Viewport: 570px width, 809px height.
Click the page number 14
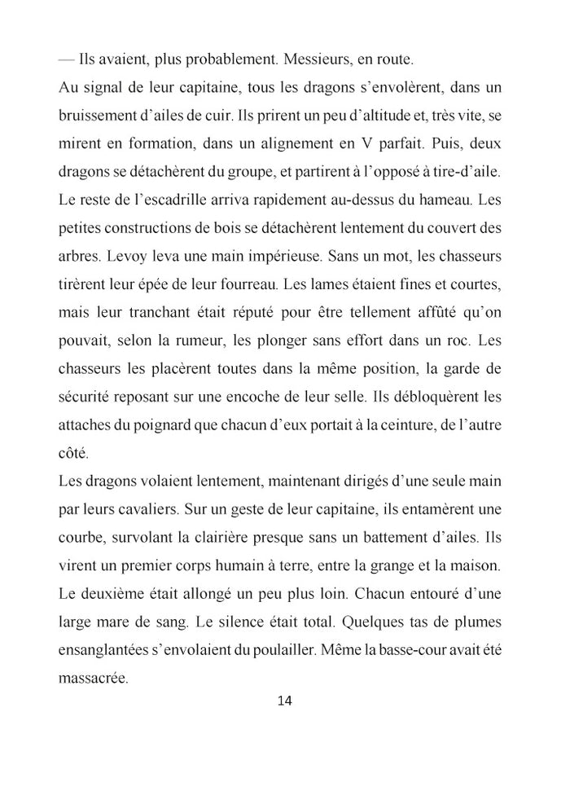pos(285,701)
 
